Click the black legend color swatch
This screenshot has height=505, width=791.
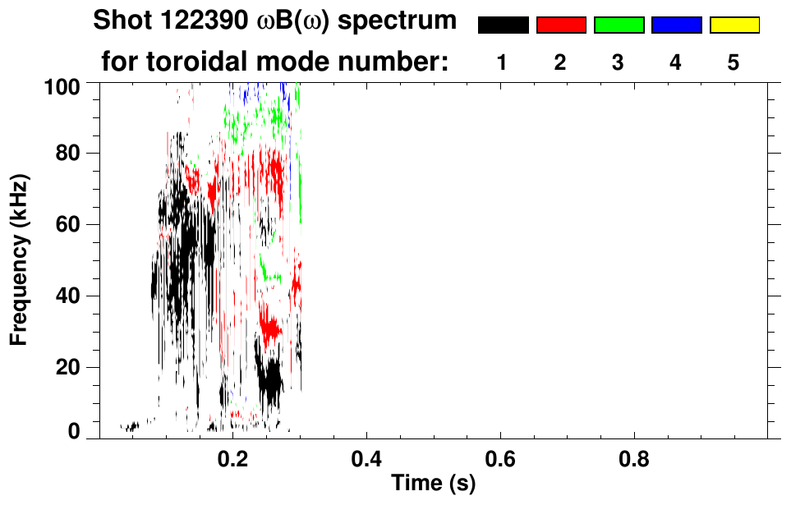pyautogui.click(x=503, y=25)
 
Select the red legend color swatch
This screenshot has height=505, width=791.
pyautogui.click(x=561, y=25)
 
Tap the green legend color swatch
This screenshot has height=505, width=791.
pyautogui.click(x=619, y=25)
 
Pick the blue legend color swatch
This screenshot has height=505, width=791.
pyautogui.click(x=676, y=25)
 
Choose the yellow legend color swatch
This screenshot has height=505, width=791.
pyautogui.click(x=734, y=25)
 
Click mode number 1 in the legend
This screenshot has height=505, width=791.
pyautogui.click(x=502, y=62)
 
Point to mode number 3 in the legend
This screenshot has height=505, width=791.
pyautogui.click(x=618, y=62)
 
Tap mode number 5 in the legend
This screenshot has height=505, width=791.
pyautogui.click(x=733, y=62)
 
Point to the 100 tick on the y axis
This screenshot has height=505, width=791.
pyautogui.click(x=62, y=84)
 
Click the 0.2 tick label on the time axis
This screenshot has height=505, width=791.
pyautogui.click(x=233, y=457)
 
